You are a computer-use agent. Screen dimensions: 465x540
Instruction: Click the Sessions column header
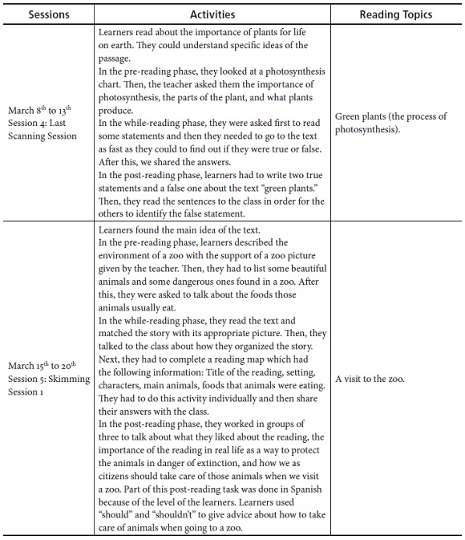48,14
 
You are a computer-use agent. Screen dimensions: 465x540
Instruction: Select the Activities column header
212,14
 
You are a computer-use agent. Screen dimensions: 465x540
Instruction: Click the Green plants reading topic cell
390,123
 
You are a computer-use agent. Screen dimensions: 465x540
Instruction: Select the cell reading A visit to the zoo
370,379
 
